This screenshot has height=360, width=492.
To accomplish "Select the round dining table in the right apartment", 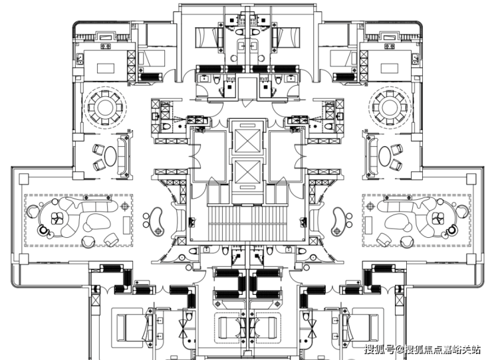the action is [x=390, y=108].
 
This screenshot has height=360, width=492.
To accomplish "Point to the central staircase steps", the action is [x=247, y=224].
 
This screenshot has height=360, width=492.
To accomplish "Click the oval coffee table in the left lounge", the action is [x=110, y=156].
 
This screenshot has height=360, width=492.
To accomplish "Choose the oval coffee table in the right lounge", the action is [x=385, y=156].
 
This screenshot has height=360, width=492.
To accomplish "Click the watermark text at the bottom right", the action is [x=422, y=349].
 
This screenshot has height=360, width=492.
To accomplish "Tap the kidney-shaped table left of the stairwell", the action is [x=156, y=221].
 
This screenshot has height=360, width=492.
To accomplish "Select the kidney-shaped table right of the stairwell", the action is [x=339, y=221].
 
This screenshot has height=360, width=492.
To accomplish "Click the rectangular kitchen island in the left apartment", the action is [x=106, y=68].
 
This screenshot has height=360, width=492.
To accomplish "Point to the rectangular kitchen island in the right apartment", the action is [x=390, y=68].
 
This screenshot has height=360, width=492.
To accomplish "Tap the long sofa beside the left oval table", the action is [x=123, y=156].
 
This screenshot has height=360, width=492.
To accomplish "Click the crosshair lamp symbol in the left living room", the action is [x=125, y=206].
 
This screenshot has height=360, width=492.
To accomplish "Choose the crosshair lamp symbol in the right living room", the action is [x=370, y=206].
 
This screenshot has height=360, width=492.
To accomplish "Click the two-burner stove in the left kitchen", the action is [x=106, y=46].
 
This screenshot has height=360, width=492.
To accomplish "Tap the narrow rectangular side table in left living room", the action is [x=126, y=225].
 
